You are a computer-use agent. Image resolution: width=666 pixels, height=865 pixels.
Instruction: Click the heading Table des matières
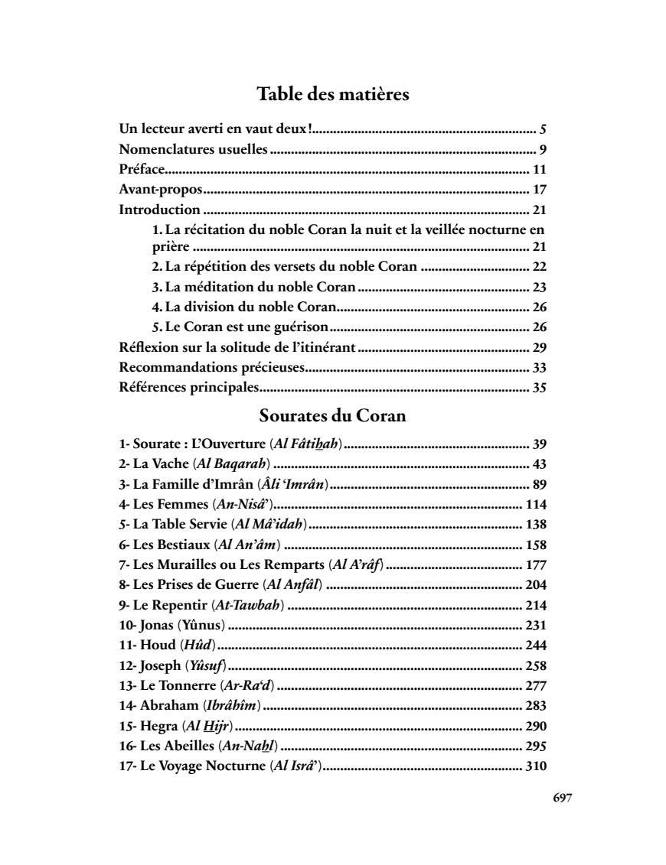pos(332,95)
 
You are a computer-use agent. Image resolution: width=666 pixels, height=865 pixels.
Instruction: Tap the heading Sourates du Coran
pos(332,417)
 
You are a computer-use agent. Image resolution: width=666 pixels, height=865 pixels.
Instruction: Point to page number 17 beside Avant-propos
pos(539,190)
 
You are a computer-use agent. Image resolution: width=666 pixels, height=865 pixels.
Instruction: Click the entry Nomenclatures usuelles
pos(193,150)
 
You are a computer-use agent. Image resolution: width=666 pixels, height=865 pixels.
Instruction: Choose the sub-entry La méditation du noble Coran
pos(254,288)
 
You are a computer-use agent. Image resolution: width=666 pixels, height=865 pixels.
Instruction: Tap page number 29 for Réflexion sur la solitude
pos(539,347)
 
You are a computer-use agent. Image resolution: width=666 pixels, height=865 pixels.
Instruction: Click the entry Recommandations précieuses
pos(211,367)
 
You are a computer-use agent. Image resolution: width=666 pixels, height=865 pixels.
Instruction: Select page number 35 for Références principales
pos(539,387)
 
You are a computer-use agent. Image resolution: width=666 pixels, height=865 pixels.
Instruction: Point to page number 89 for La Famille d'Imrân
pos(539,483)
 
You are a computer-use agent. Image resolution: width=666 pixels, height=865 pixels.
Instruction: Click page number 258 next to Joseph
pos(536,664)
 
